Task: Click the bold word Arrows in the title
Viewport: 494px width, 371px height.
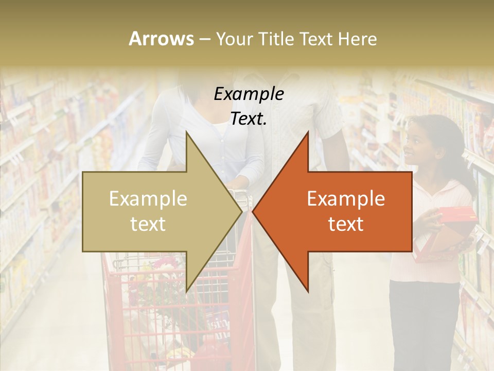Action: tap(162, 39)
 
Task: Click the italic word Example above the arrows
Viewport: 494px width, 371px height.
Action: tap(249, 94)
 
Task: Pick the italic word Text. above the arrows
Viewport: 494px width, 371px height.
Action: tap(249, 119)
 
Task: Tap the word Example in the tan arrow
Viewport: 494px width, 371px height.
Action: tap(148, 199)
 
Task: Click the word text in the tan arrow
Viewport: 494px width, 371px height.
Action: tap(148, 224)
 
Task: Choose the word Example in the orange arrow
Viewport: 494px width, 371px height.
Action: tap(346, 199)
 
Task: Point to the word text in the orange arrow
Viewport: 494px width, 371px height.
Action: tap(346, 224)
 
